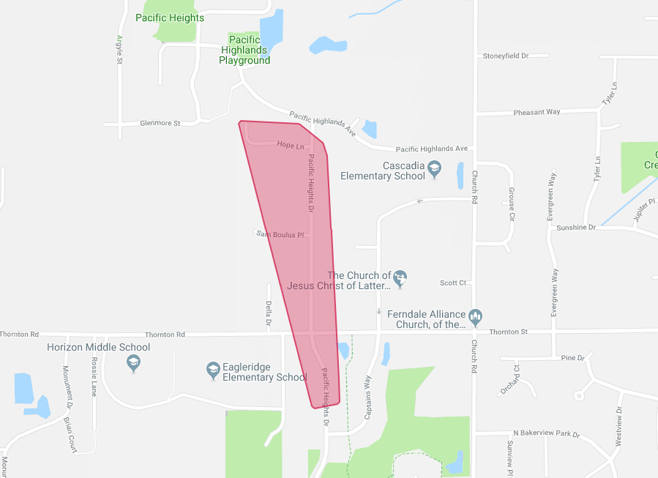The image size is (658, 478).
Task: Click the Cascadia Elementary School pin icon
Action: pos(434,168)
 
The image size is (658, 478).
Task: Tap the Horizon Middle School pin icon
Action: pos(133,362)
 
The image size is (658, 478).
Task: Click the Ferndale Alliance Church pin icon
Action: pos(476,316)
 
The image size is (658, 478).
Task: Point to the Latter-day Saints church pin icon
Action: pos(400,278)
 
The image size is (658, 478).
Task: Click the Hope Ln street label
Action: pos(291,146)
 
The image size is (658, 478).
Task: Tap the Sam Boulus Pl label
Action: pos(279,234)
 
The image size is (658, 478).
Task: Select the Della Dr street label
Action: pos(269,313)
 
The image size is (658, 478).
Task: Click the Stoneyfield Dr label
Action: pos(505,56)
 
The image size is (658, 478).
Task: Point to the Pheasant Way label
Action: pos(537,112)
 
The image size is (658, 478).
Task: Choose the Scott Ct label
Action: pos(453,283)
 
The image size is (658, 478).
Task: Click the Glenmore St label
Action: pos(160,124)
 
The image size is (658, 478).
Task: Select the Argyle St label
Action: pos(119,50)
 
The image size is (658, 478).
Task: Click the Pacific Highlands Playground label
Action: pos(244,50)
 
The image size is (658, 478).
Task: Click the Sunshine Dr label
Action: pos(576,228)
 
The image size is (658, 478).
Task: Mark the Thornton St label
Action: pos(508,332)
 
